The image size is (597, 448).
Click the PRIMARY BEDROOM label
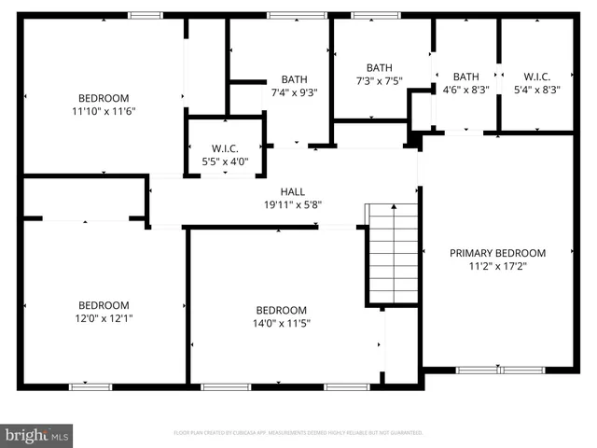(x=497, y=253)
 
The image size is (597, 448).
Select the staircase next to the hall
(x=392, y=254)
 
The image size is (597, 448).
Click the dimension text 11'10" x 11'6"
(x=103, y=111)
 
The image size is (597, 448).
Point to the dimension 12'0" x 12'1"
(x=103, y=318)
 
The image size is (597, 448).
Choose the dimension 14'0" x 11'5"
(x=281, y=324)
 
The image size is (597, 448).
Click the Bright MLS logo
(x=37, y=434)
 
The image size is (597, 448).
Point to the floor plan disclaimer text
(x=298, y=433)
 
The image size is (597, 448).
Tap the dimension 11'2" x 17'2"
(x=497, y=266)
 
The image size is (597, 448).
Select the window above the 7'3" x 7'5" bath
(x=376, y=15)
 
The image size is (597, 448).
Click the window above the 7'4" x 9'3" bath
(x=297, y=15)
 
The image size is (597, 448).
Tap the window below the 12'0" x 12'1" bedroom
(x=90, y=386)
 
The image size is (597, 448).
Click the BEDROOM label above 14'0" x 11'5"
(x=281, y=311)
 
